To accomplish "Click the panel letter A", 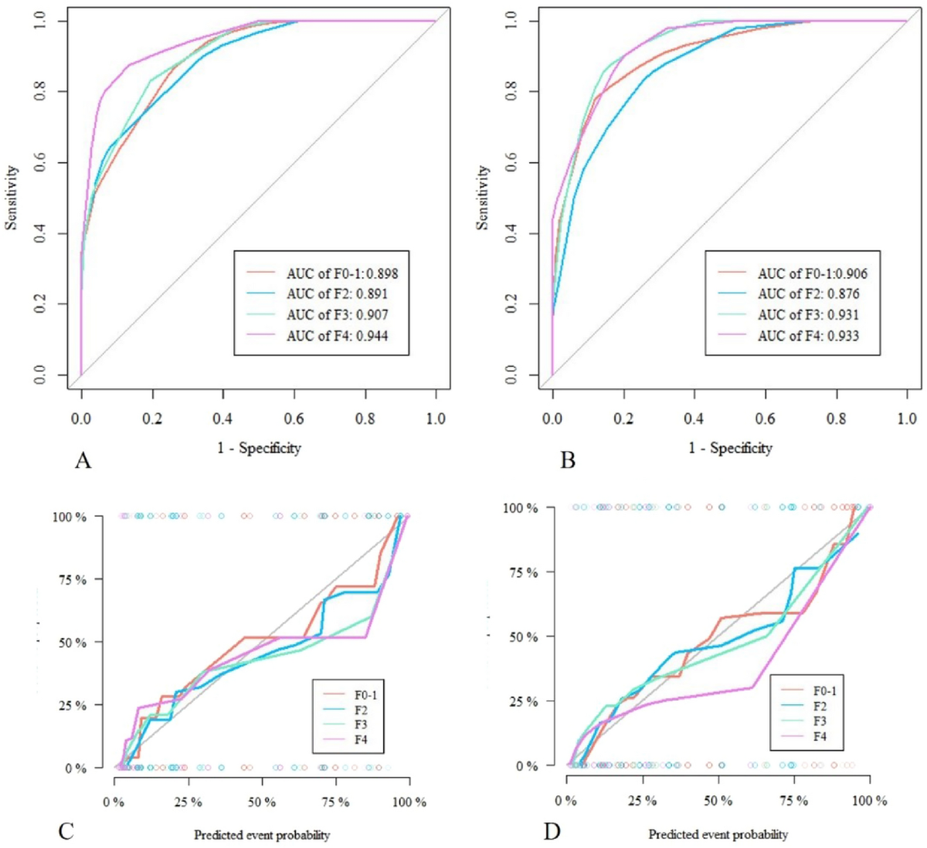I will (x=83, y=461).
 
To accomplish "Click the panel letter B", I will (x=568, y=461).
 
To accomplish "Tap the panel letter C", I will (x=66, y=831).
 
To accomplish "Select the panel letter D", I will (x=552, y=831).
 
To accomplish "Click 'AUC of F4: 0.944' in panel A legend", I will (x=337, y=336).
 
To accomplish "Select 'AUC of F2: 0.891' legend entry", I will (x=337, y=294).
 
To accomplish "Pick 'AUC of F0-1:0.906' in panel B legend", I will (x=812, y=273).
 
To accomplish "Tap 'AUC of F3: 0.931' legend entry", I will (x=808, y=315).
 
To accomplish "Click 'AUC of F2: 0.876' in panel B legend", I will (x=808, y=294).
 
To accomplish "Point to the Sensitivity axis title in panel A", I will (x=12, y=197).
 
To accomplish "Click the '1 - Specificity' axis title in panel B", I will (x=730, y=448).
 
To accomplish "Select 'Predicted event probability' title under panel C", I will (x=262, y=835).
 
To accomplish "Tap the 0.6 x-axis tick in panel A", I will (x=294, y=419).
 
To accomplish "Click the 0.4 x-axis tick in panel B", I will (x=694, y=419).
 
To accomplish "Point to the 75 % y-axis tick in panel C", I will (x=70, y=579).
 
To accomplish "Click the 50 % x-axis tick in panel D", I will (x=718, y=801).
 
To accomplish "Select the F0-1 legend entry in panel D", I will (x=824, y=691).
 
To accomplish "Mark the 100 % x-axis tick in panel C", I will (x=409, y=802).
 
